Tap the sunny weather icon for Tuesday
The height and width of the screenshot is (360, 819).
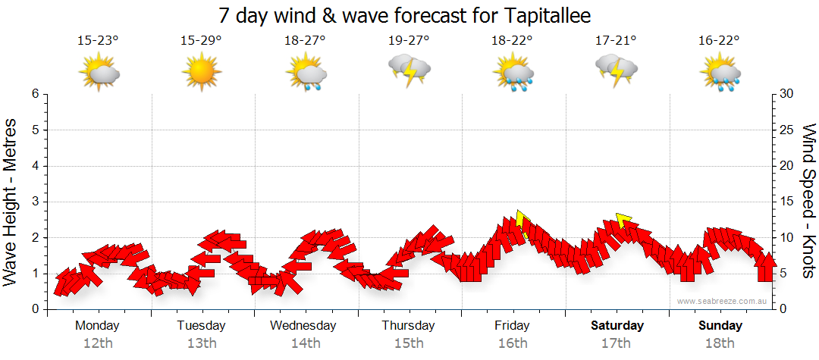tap(201, 74)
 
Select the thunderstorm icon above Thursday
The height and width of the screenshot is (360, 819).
tap(409, 70)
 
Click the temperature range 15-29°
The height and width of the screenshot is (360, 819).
tap(201, 40)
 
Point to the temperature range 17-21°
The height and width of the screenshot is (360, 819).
tap(616, 40)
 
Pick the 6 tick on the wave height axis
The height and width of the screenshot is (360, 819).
tap(35, 94)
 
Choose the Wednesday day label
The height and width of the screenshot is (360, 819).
tap(304, 326)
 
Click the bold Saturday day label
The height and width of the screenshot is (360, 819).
tap(617, 326)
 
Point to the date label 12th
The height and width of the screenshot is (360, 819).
tap(97, 343)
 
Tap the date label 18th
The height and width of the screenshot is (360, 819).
tap(720, 343)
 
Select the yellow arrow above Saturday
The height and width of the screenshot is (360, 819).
tap(624, 220)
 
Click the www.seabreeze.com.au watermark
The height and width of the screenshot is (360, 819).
tap(723, 302)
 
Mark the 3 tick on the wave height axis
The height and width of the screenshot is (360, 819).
tap(35, 202)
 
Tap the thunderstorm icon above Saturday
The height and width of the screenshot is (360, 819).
tap(616, 70)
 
